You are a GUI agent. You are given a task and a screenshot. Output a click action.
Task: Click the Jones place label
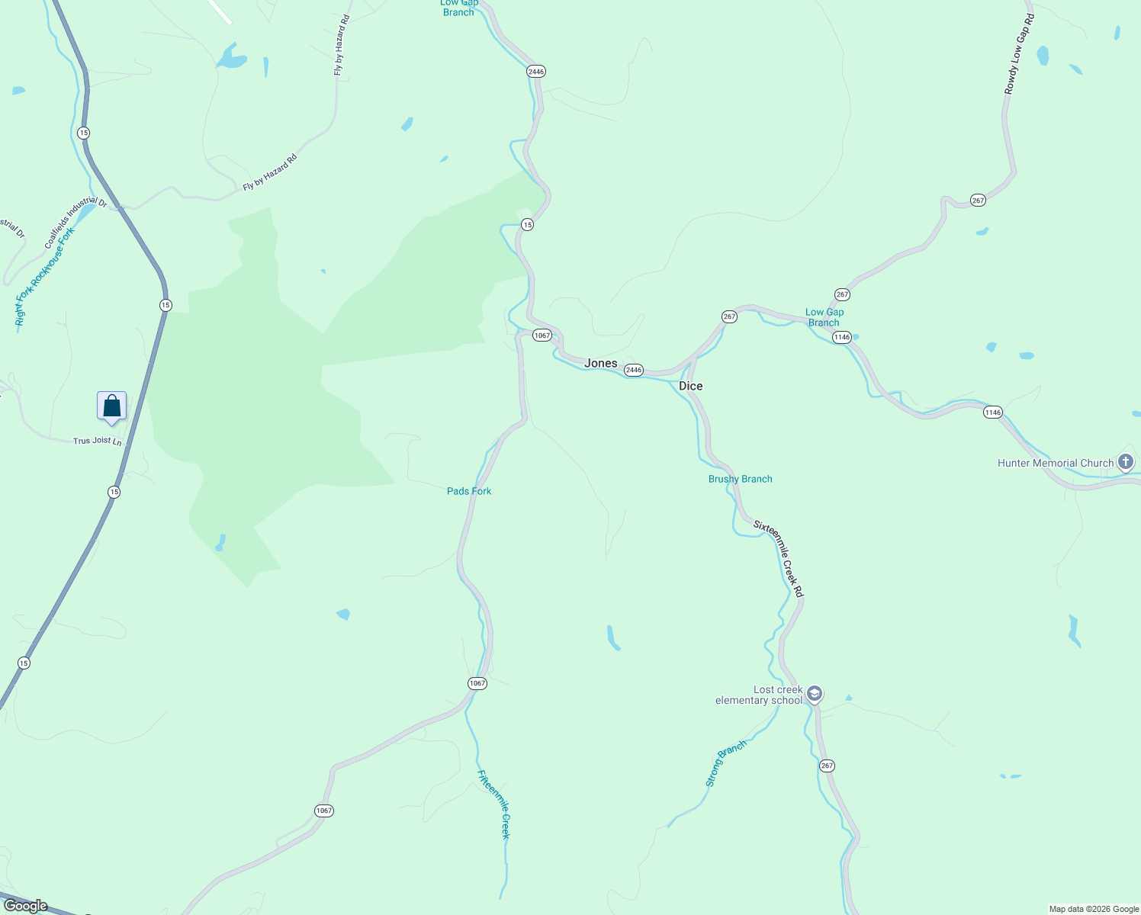click(600, 363)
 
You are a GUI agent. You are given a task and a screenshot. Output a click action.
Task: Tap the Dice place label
click(690, 386)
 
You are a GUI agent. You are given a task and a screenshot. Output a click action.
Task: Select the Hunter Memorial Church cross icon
click(1126, 462)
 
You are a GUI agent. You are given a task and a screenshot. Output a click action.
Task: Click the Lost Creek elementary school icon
click(815, 694)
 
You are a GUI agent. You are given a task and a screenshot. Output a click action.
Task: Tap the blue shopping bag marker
click(111, 406)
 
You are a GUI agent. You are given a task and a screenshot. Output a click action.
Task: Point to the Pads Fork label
click(469, 491)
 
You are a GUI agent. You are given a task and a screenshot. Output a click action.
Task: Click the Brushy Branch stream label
click(740, 479)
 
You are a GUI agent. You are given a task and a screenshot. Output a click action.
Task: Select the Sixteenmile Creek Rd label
click(779, 559)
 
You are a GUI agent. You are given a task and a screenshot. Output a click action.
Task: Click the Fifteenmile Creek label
click(493, 804)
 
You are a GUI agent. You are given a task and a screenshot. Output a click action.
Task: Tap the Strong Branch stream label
click(725, 763)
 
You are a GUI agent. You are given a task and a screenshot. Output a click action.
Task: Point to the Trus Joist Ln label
click(97, 441)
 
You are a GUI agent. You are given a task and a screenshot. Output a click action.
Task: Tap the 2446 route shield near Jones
click(633, 370)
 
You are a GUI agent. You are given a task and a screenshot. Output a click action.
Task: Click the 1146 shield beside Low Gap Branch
click(841, 337)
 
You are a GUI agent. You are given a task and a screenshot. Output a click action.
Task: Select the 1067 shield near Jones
click(542, 335)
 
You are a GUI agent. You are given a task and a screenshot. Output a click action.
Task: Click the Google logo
click(26, 906)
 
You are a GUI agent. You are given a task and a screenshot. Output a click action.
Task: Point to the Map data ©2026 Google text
click(1094, 909)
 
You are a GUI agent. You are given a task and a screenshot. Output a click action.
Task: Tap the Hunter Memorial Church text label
click(1056, 463)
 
